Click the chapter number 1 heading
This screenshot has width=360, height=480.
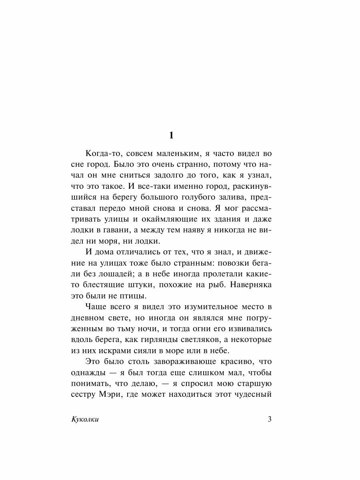click(x=171, y=135)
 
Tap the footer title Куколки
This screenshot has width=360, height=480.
click(x=84, y=420)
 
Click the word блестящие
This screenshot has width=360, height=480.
click(x=104, y=285)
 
